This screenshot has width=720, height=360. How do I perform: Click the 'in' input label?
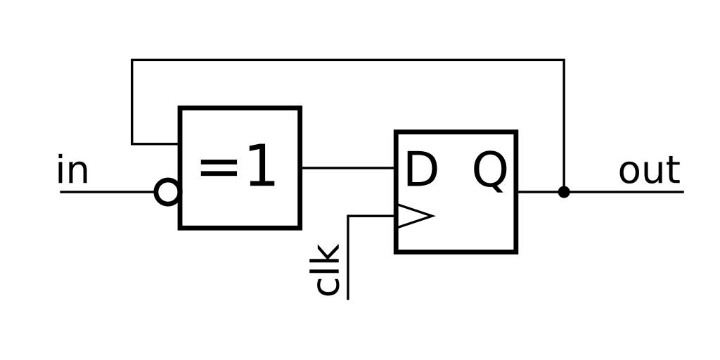[x=72, y=171]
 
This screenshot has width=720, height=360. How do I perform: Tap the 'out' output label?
[x=649, y=171]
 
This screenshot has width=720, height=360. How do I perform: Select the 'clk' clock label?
[x=328, y=269]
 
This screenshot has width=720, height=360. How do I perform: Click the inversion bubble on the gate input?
[x=167, y=191]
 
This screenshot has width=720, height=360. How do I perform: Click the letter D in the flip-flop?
[x=421, y=170]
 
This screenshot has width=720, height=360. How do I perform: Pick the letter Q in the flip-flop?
[x=489, y=171]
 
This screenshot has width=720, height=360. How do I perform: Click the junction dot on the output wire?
[x=564, y=191]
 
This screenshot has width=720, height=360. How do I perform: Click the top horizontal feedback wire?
[x=348, y=60]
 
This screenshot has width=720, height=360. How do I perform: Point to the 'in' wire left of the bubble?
[x=105, y=191]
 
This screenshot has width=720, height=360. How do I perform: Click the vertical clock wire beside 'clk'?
[x=349, y=260]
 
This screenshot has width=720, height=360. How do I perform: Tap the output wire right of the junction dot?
[x=626, y=191]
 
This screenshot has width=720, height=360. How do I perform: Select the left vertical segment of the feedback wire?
[x=132, y=102]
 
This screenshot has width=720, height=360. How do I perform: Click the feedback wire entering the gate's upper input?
[x=156, y=144]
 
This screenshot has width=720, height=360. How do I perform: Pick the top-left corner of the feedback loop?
[x=132, y=60]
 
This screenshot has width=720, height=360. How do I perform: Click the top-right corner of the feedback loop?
[x=564, y=60]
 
